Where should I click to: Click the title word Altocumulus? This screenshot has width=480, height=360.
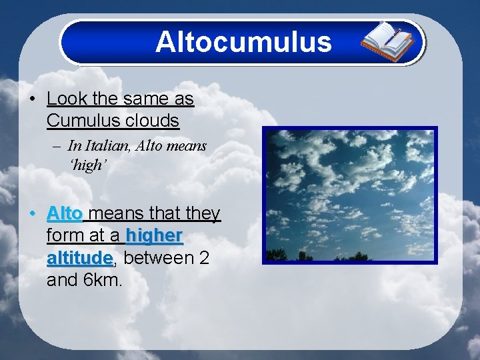tap(243, 42)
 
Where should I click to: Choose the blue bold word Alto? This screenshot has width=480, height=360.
tap(65, 214)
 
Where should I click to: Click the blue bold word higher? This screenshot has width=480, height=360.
tap(154, 235)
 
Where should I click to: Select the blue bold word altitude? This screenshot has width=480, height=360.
tap(79, 257)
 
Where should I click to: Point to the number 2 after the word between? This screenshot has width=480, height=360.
tap(205, 257)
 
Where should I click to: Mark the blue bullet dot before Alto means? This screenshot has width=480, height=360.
tap(33, 214)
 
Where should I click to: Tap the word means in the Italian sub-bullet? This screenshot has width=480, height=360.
tap(188, 145)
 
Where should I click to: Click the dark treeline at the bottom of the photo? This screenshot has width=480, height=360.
tap(349, 256)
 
